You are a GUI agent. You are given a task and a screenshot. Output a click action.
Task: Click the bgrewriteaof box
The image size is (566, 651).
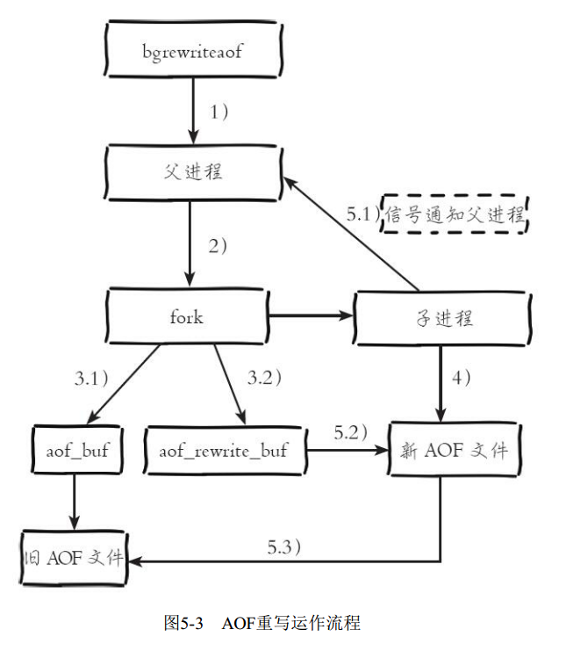coord(191,50)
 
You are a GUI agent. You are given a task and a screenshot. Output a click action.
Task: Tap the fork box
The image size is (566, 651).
coord(186,316)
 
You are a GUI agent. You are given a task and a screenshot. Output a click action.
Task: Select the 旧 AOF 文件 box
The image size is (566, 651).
coord(74,558)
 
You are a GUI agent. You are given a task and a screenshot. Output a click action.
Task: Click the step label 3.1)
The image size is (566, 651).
coord(90,379)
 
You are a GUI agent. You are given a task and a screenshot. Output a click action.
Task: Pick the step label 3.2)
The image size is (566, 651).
coord(265,379)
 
